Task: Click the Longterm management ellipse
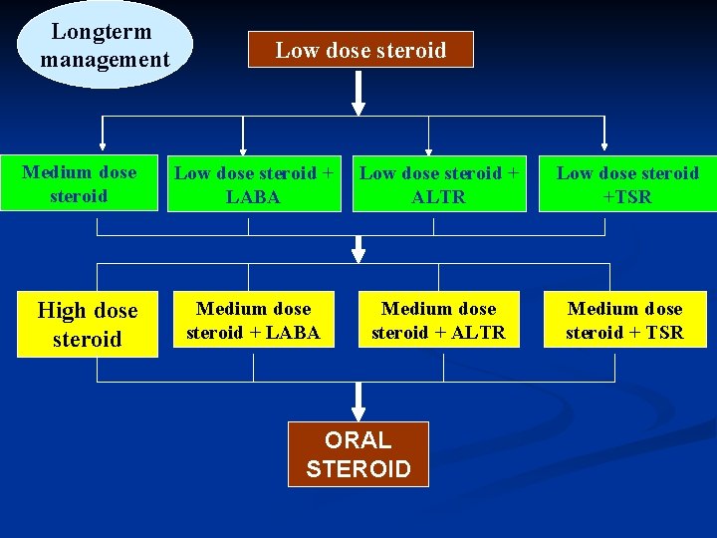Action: tap(105, 45)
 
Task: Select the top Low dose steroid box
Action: tap(360, 50)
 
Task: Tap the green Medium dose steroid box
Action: tap(79, 183)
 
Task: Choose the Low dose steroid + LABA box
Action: tap(253, 184)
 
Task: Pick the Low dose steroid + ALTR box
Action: tap(438, 184)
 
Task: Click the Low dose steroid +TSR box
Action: tap(627, 184)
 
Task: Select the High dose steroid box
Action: tap(87, 325)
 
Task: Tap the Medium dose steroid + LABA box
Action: tap(253, 321)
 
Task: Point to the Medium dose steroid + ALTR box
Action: tap(438, 321)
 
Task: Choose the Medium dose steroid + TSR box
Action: tap(624, 321)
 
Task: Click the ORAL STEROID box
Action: tap(358, 454)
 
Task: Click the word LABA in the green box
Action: tap(253, 197)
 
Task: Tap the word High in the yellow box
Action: tap(61, 311)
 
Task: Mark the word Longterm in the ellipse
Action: tap(102, 32)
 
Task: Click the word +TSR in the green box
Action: tap(627, 197)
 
